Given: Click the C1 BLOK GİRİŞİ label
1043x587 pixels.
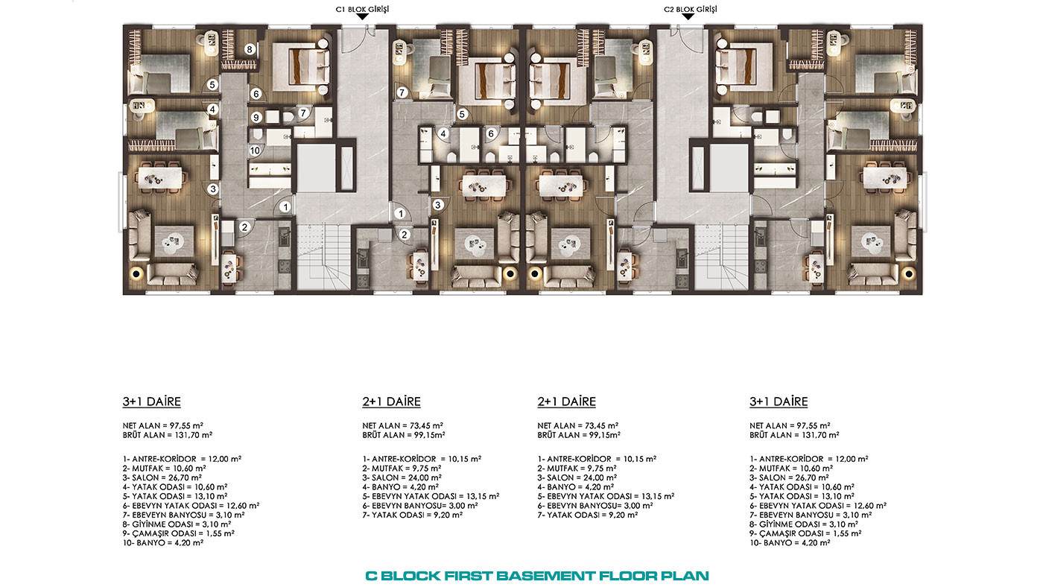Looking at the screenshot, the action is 362,9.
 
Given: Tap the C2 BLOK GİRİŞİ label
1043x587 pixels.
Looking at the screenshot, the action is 690,9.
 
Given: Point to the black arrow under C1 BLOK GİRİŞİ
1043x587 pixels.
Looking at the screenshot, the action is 362,16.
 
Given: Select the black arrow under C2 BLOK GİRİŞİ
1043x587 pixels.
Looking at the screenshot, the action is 688,16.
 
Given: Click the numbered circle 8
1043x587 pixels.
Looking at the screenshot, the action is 250,49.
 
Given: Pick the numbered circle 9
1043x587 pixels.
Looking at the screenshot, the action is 256,117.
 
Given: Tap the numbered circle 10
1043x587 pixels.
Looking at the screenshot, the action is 255,150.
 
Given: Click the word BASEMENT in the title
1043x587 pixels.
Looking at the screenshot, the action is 545,576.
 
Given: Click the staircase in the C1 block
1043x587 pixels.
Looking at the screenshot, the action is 323,257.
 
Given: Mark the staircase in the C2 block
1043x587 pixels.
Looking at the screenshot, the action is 721,257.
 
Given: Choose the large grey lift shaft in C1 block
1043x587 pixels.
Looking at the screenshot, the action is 316,168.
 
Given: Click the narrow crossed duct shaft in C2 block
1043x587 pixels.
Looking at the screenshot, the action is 698,168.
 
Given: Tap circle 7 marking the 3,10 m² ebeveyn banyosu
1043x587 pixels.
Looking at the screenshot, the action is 303,113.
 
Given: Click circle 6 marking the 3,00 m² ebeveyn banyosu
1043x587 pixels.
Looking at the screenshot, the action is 491,134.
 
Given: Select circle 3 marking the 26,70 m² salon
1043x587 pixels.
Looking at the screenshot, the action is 213,189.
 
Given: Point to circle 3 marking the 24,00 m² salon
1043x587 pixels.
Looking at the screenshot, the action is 438,205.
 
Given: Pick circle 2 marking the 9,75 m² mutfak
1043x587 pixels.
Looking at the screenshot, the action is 404,235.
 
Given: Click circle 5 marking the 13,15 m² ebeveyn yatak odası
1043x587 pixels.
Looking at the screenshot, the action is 462,114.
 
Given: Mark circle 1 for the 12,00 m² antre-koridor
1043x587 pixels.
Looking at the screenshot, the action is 285,207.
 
